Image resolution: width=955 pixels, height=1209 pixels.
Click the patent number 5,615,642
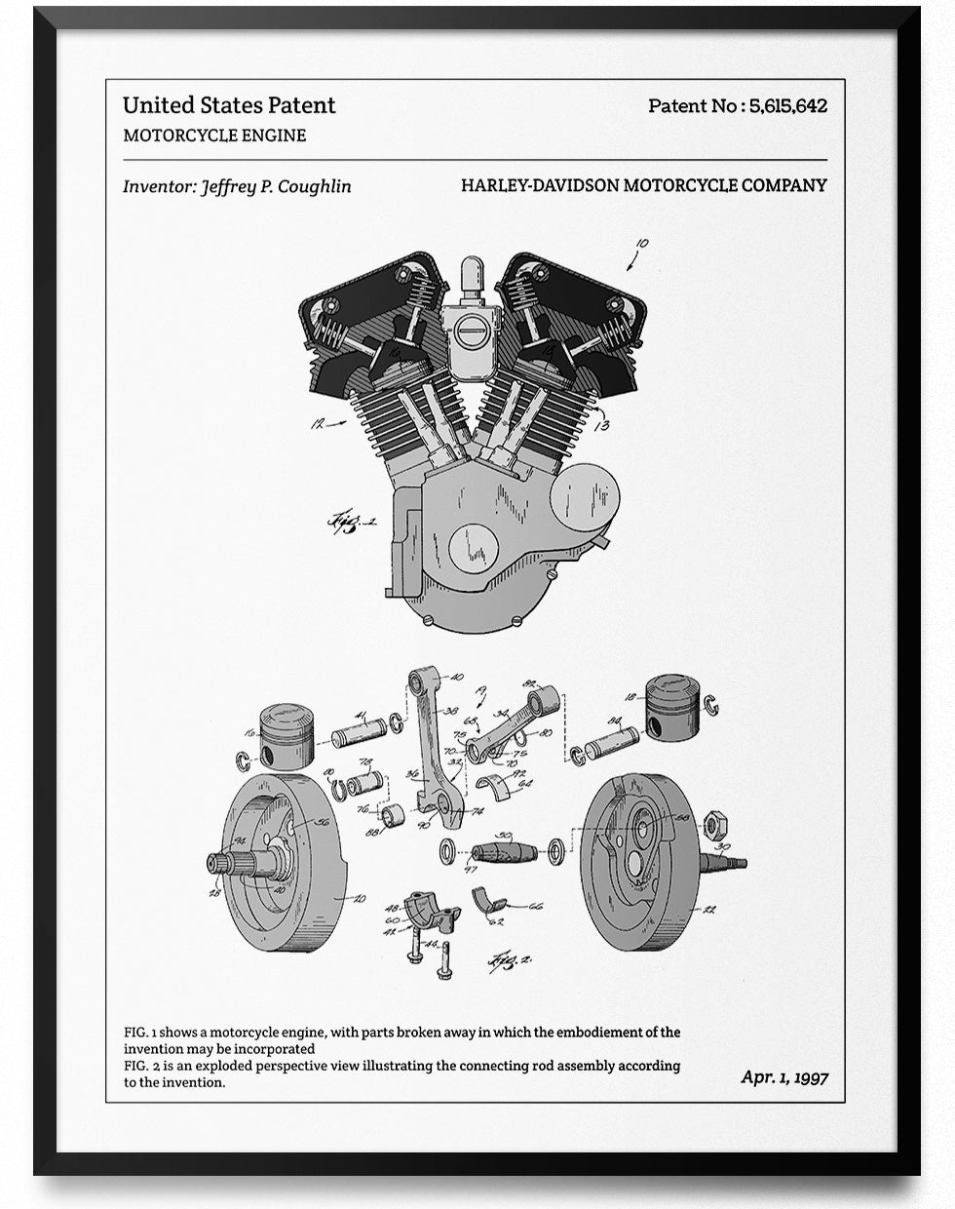[x=787, y=105]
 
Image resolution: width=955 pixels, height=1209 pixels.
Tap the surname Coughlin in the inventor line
[x=314, y=186]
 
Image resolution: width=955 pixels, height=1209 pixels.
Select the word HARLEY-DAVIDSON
[x=539, y=185]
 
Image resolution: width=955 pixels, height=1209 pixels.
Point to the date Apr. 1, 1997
[x=784, y=1076]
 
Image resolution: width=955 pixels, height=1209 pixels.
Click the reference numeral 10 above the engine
[x=640, y=244]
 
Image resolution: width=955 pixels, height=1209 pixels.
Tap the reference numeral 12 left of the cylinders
[x=317, y=423]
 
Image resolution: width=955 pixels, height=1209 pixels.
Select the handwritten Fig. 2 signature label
[x=513, y=960]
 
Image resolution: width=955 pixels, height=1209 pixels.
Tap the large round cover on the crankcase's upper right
[x=584, y=498]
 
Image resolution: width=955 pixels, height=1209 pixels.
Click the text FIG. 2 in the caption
[x=140, y=1065]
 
